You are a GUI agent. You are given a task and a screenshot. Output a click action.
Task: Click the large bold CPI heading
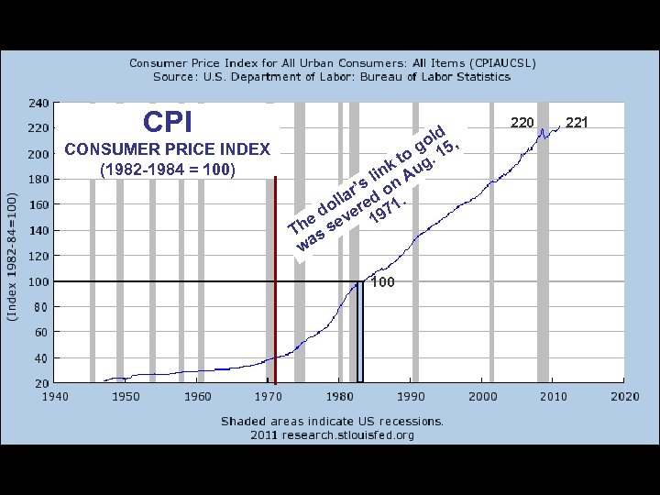click(x=168, y=122)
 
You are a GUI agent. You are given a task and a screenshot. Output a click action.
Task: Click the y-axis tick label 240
click(x=38, y=103)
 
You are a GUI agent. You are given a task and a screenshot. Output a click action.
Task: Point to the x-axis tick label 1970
click(x=269, y=396)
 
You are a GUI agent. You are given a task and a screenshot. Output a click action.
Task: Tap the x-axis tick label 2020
click(x=624, y=396)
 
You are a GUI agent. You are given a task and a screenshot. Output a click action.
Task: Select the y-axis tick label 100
click(x=38, y=281)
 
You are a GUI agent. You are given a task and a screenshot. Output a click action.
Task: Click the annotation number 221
click(x=577, y=122)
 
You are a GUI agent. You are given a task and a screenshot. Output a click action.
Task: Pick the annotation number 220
click(x=522, y=122)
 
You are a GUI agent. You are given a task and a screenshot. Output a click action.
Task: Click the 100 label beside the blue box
click(x=382, y=282)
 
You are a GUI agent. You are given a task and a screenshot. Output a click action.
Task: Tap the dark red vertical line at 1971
click(x=275, y=275)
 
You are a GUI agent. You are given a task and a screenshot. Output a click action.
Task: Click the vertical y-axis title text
click(x=12, y=256)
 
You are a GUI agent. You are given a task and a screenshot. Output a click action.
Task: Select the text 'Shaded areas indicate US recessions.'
click(x=332, y=421)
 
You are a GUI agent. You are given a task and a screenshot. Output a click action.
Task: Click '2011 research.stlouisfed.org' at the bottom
click(x=332, y=434)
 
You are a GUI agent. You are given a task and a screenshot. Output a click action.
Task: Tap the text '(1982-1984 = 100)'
click(x=167, y=170)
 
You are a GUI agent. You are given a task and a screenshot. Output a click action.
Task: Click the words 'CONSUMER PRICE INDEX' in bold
click(x=168, y=149)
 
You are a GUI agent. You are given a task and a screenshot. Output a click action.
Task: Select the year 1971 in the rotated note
click(x=388, y=210)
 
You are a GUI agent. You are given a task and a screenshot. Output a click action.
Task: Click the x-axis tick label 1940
click(x=54, y=396)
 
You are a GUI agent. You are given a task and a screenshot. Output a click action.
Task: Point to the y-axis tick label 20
click(x=42, y=382)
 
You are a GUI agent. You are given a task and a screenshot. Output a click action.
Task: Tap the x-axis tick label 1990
click(x=411, y=396)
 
